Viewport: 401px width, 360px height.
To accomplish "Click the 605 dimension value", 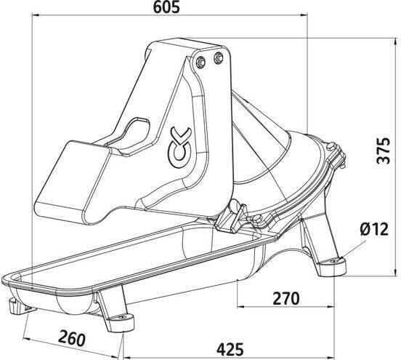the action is pyautogui.click(x=166, y=7).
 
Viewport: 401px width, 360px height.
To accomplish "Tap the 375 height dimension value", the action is pyautogui.click(x=384, y=151).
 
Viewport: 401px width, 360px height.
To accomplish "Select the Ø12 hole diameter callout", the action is pyautogui.click(x=374, y=228).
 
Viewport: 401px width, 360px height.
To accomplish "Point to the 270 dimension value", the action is pyautogui.click(x=286, y=298).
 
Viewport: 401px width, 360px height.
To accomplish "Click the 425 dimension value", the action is pyautogui.click(x=230, y=349).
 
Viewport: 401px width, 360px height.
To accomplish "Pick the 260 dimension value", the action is pyautogui.click(x=71, y=338).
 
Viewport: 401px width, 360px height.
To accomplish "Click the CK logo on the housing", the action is pyautogui.click(x=179, y=148).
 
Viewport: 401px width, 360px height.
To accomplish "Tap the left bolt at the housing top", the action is pyautogui.click(x=200, y=61).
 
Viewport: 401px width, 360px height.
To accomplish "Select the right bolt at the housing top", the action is pyautogui.click(x=218, y=57).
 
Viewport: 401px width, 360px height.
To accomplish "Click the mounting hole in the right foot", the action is pyautogui.click(x=333, y=261).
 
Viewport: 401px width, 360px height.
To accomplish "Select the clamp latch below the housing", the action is pyautogui.click(x=232, y=217).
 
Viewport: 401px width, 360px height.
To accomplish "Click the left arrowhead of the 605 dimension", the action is pyautogui.click(x=36, y=15).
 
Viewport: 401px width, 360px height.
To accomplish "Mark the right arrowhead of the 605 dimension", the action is pyautogui.click(x=304, y=15).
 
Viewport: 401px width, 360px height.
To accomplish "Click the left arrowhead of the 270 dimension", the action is pyautogui.click(x=241, y=306).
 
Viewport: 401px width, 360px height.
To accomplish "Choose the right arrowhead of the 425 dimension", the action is pyautogui.click(x=331, y=357).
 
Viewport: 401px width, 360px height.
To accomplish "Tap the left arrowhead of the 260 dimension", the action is pyautogui.click(x=27, y=339).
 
